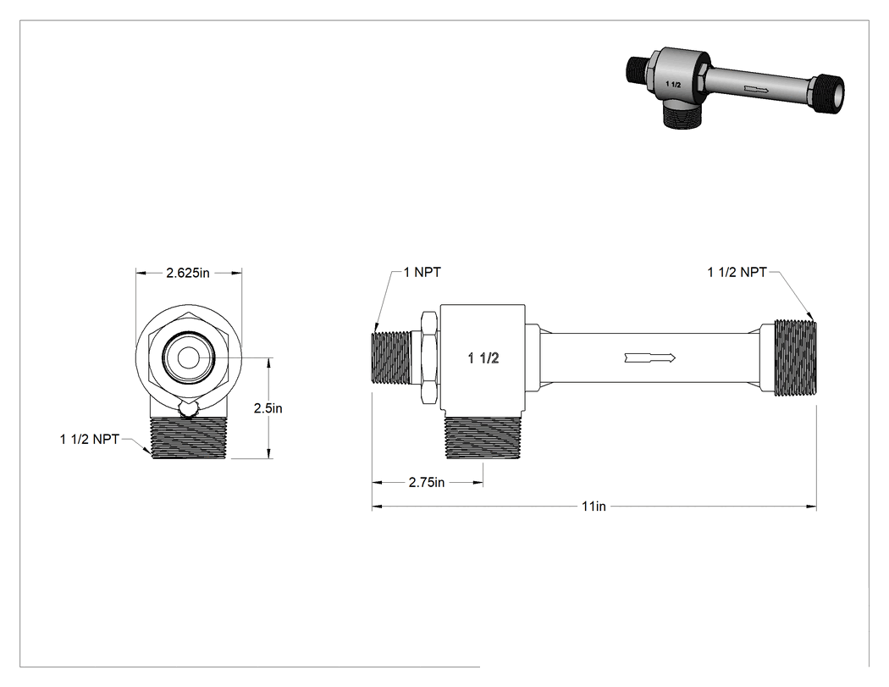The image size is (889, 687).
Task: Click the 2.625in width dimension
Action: (188, 273)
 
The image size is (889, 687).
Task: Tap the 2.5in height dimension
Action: (268, 408)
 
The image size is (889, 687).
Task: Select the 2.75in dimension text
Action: (427, 483)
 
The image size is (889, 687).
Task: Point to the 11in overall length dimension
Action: (594, 506)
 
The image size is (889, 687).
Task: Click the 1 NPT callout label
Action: (422, 272)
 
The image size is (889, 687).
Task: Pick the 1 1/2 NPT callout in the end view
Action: (90, 439)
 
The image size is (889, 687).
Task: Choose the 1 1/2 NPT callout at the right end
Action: (737, 272)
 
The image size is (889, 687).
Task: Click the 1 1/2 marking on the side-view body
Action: (483, 358)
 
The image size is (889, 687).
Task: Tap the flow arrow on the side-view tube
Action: (650, 357)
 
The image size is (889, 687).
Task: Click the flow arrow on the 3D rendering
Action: (756, 90)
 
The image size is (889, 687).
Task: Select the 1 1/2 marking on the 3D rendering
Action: (673, 85)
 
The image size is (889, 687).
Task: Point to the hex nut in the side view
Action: (429, 357)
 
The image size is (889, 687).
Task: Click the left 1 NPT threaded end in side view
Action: (390, 357)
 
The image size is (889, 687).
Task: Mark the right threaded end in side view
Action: (796, 357)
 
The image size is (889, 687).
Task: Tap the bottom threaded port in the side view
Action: (483, 437)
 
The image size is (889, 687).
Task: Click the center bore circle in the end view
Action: (188, 358)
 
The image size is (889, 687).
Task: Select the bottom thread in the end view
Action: (189, 438)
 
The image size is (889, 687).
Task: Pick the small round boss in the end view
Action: (188, 409)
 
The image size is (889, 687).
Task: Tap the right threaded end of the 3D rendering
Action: (828, 93)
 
